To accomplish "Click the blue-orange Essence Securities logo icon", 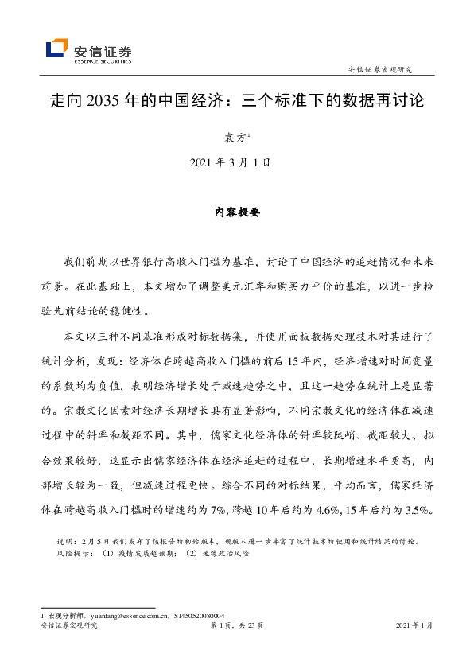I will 57,49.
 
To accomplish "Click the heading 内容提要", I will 237,212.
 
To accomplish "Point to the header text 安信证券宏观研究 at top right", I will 386,68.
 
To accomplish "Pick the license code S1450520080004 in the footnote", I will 200,616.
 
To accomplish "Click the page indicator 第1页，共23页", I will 237,626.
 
